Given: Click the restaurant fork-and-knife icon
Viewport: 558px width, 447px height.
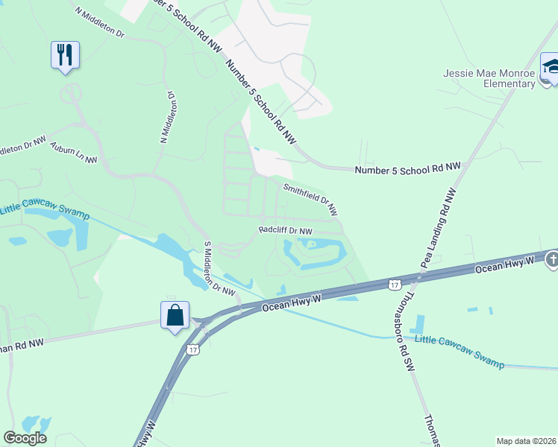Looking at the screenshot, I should pyautogui.click(x=65, y=54).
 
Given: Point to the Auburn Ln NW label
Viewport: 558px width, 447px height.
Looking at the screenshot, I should pyautogui.click(x=74, y=154).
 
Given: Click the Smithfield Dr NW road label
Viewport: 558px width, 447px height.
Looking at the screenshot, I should pyautogui.click(x=310, y=200).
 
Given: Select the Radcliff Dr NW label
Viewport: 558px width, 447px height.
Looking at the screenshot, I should pyautogui.click(x=285, y=231).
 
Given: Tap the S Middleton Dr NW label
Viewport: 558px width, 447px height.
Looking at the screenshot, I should pyautogui.click(x=219, y=268).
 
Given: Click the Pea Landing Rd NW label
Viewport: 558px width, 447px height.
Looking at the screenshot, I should pyautogui.click(x=439, y=223).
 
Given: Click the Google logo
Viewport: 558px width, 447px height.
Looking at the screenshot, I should pyautogui.click(x=25, y=438).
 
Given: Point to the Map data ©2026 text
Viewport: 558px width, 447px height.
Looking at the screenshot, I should pyautogui.click(x=526, y=440).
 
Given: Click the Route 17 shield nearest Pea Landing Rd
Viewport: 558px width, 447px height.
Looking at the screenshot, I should pyautogui.click(x=395, y=283).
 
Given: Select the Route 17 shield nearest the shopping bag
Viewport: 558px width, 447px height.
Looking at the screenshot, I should pyautogui.click(x=193, y=349).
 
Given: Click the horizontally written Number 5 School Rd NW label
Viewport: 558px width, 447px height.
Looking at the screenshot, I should pyautogui.click(x=407, y=169).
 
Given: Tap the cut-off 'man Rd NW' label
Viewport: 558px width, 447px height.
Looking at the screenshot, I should pyautogui.click(x=22, y=344).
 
